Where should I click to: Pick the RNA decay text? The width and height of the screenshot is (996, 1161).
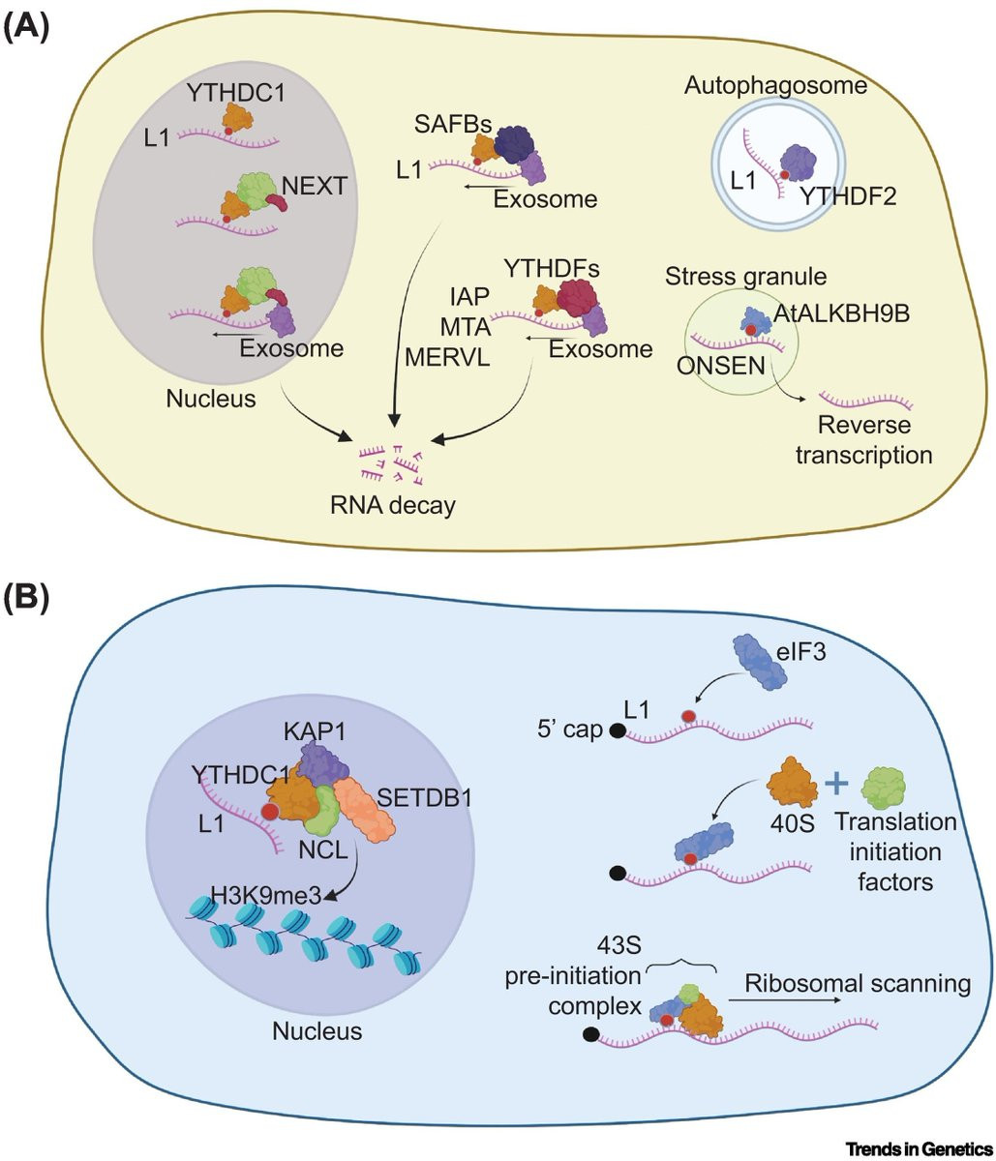coord(392,503)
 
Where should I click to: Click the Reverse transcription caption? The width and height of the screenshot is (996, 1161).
coord(863,439)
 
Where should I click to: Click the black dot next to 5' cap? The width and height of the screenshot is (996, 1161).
coord(616,731)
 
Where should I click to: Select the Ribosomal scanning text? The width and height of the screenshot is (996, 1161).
coord(857,983)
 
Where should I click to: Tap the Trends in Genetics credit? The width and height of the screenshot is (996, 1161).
coord(918,1148)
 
